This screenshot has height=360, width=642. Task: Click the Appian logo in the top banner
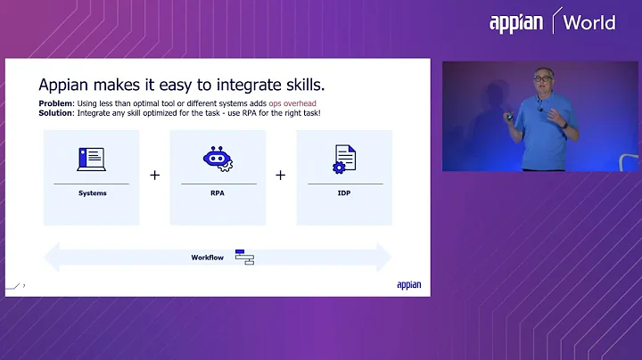coord(517,22)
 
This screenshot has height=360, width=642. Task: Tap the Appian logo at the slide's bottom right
coord(408,285)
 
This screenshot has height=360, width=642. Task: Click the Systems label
coord(91,192)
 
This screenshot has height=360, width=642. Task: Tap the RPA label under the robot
coord(218,192)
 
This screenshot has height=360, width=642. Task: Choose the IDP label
coord(344,192)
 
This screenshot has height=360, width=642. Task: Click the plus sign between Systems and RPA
coord(154,176)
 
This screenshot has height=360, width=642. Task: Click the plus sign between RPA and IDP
coord(280,176)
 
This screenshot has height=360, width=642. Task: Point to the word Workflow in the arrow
coord(207,258)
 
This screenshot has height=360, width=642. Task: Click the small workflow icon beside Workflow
coord(244,257)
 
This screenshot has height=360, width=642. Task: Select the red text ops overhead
coord(292,103)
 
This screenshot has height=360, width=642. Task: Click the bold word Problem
coord(54,103)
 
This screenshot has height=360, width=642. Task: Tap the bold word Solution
coord(55,112)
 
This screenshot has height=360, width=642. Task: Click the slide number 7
coord(24,286)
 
